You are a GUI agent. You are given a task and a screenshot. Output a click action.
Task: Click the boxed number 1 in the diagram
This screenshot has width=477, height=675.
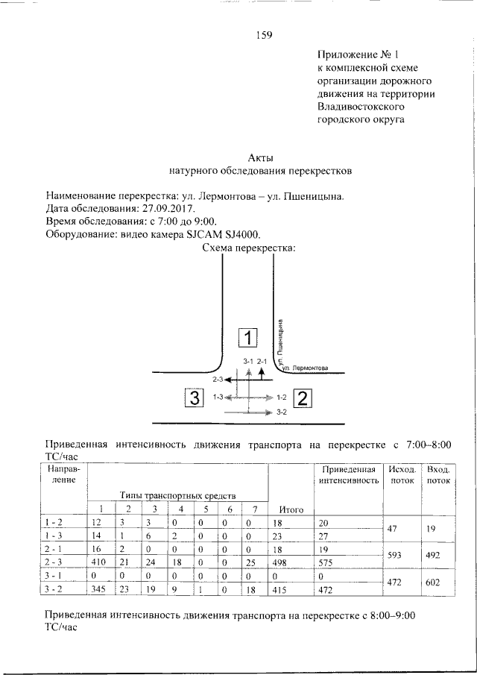tap(247, 338)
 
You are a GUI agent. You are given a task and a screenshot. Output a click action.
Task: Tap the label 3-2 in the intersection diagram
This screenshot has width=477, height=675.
tap(281, 412)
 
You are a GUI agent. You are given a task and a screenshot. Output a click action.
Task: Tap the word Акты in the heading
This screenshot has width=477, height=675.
tap(260, 157)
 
